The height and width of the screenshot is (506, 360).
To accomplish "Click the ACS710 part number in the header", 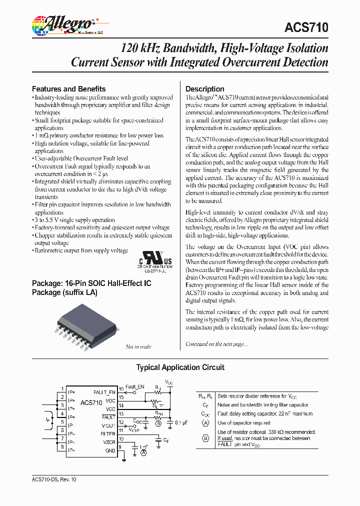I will pos(307,28).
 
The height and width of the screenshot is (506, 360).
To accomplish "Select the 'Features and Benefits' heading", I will pos(68,88).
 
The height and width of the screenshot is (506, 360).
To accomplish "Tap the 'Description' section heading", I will pos(205,88).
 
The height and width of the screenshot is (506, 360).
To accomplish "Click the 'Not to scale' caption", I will pos(138,346).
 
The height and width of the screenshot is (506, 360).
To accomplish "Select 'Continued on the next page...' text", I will pos(216,344).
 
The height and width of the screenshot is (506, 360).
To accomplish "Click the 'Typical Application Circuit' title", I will pos(180,367).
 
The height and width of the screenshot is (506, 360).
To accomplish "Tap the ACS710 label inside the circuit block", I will pos(91,402).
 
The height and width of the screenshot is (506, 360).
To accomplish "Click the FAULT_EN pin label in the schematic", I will pos(105,392).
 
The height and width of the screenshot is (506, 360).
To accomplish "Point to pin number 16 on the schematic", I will pos(120,389).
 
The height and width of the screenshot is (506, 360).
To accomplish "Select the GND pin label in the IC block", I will pos(110,450).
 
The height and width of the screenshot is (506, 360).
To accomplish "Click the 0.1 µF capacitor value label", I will pos(181,422).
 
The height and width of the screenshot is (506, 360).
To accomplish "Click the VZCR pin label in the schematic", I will pos(108,442).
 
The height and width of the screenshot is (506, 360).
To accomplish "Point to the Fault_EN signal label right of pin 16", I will pos(134,386).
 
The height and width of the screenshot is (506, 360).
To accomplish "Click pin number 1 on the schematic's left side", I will pos(62,389).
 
